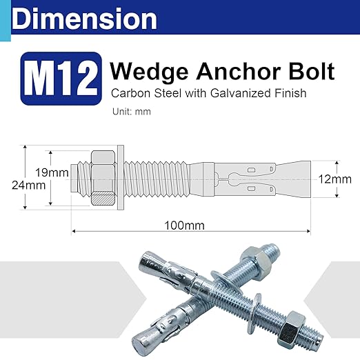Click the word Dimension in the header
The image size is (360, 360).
point(84,19)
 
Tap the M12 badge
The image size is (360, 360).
point(61,79)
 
